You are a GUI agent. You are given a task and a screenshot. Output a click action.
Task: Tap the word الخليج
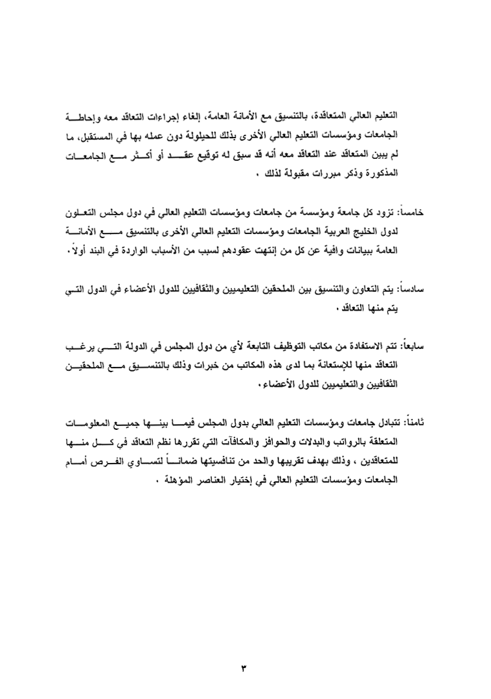356,231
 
